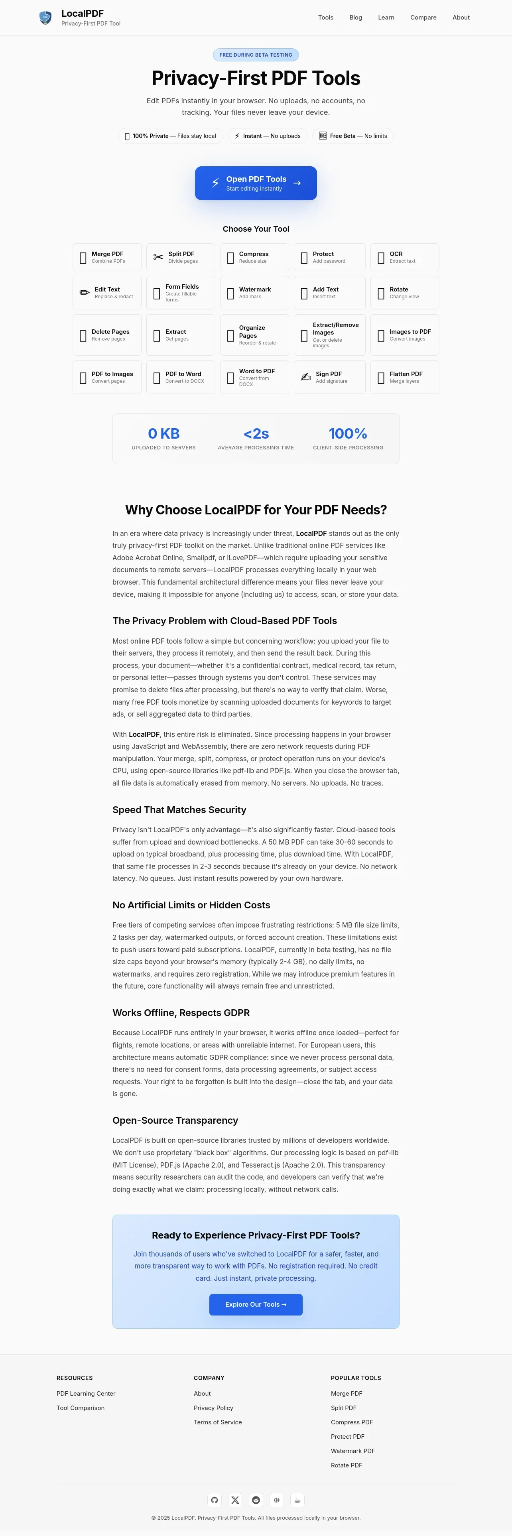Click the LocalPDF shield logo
pos(45,18)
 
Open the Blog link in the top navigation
pos(355,17)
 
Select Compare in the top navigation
pos(423,17)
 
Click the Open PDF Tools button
pos(256,183)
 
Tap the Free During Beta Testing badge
pos(256,55)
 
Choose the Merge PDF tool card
pos(107,257)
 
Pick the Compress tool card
pos(254,257)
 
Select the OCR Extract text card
pos(405,257)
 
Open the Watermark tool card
pos(254,292)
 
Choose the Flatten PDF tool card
pos(405,377)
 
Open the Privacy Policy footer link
pos(213,1408)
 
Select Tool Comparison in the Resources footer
pos(81,1408)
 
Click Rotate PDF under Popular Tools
pos(346,1465)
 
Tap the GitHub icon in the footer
pos(215,1500)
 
